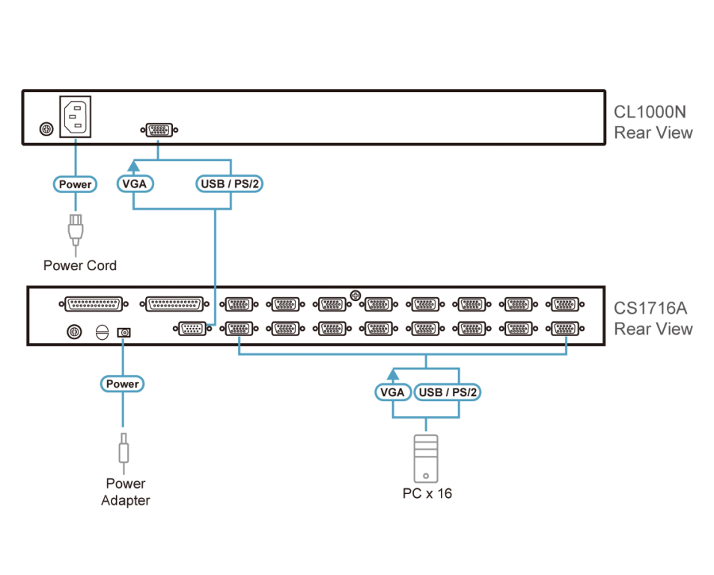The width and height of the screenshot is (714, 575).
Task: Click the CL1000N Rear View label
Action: tap(653, 122)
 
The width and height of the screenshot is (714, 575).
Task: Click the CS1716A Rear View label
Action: tap(653, 318)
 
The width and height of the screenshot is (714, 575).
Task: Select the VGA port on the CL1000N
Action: tap(159, 130)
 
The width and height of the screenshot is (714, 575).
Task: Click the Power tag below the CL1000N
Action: tap(75, 184)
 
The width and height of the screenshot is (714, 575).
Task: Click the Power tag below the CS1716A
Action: tap(122, 383)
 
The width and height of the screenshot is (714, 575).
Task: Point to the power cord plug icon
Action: tap(75, 230)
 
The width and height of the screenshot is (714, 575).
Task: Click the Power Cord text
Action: tap(79, 265)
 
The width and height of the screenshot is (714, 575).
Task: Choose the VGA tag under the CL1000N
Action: tap(134, 183)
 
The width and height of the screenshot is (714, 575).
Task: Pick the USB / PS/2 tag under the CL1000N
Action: tap(229, 183)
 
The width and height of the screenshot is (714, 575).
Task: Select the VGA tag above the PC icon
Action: tap(392, 392)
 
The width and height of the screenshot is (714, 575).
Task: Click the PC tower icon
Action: tap(426, 458)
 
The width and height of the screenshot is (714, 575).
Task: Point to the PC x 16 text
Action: tap(427, 493)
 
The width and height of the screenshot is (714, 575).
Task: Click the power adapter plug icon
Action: tap(123, 449)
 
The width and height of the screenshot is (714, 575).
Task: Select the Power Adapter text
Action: tap(124, 492)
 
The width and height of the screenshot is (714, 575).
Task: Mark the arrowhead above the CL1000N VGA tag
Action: tap(134, 166)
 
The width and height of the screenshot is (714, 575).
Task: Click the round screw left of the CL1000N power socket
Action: tap(46, 129)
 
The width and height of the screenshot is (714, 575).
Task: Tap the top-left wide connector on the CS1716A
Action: tap(93, 305)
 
